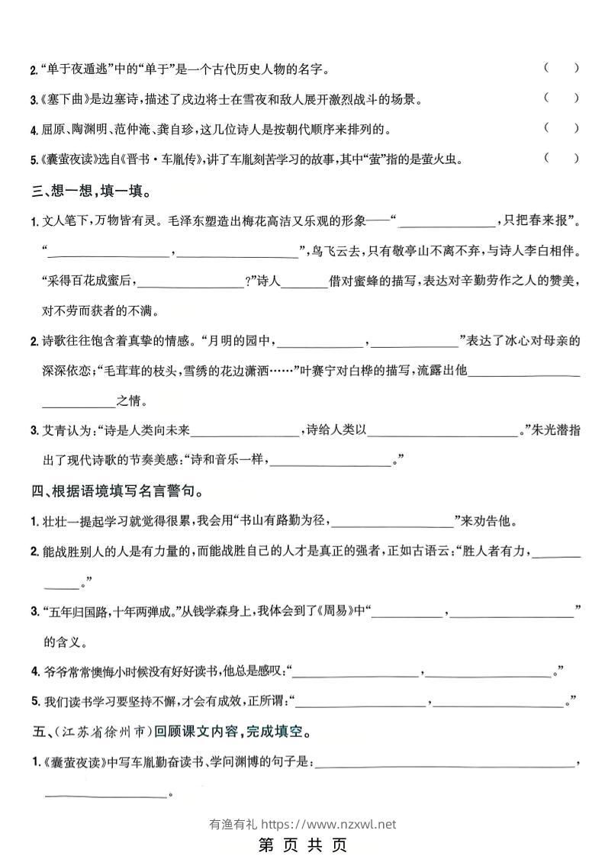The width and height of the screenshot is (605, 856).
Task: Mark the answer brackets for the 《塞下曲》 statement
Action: pos(562,98)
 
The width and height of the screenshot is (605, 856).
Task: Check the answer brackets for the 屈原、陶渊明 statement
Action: pos(562,128)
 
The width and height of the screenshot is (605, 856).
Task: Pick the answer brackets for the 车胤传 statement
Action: pos(562,159)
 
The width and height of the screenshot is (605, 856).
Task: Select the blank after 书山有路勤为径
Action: pos(392,523)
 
